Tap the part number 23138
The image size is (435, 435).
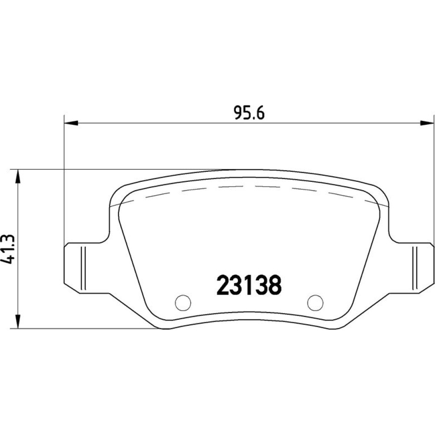coord(249,285)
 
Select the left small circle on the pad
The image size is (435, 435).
coord(183,302)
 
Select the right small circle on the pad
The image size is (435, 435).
coord(315,302)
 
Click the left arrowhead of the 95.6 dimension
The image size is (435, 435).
coord(71,123)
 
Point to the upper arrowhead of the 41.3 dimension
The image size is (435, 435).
coord(18,177)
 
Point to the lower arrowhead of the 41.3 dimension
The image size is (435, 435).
coord(18,322)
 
